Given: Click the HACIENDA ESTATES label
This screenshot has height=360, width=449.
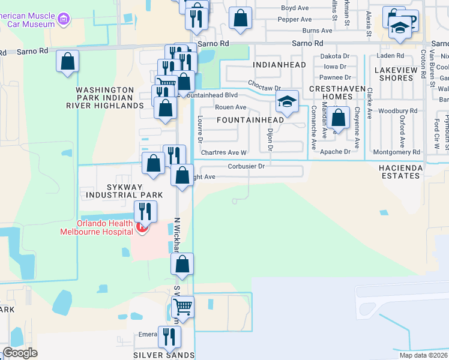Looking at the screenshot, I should pos(400,171).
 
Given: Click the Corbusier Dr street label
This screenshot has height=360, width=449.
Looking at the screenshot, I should pos(246,166).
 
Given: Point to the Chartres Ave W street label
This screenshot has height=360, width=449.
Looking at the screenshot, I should pos(224,152).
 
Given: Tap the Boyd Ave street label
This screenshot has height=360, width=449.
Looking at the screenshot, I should pos(296,8).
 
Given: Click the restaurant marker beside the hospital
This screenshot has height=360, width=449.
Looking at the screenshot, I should pos(145,211).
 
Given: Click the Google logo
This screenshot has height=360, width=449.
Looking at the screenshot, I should pos(20,353).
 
